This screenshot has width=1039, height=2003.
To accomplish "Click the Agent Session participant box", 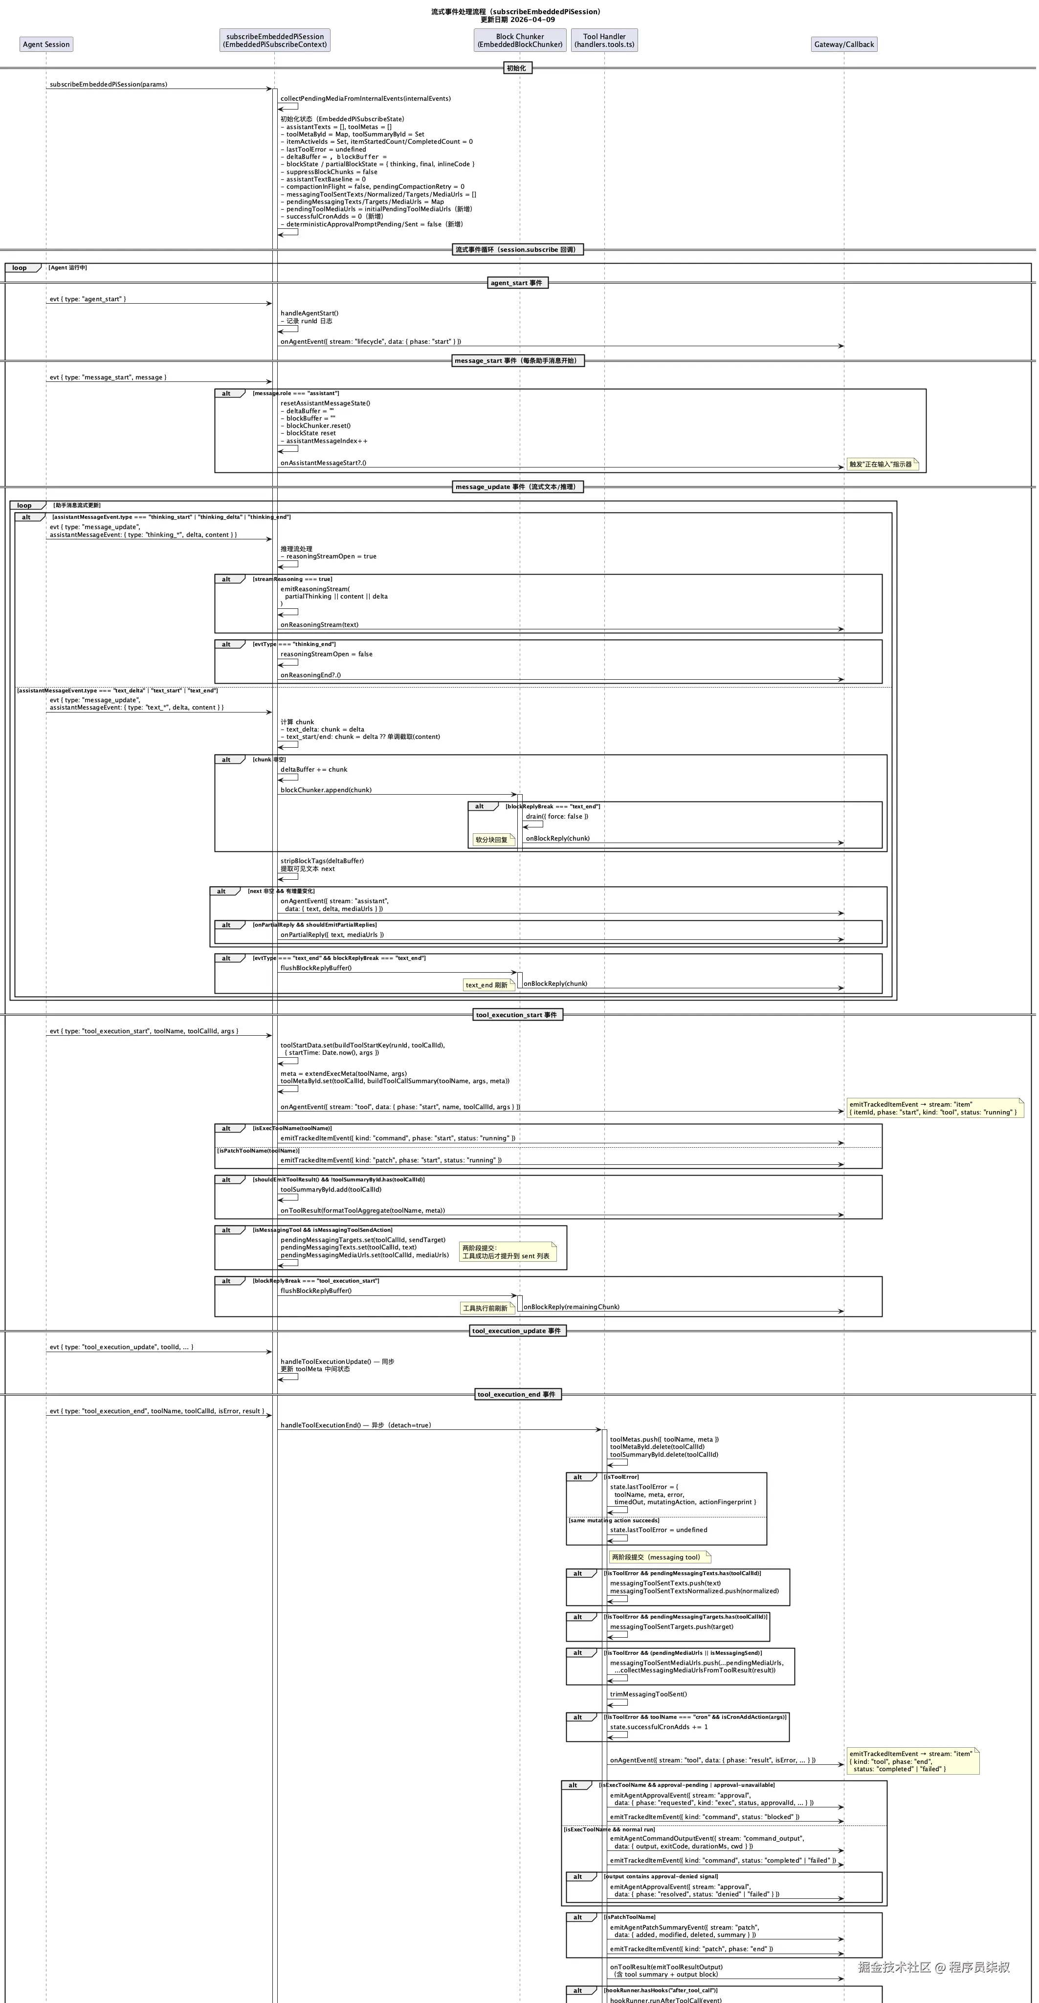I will tap(46, 45).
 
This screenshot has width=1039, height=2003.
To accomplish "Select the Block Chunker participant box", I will tap(519, 41).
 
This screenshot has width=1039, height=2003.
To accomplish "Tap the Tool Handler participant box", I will tap(604, 41).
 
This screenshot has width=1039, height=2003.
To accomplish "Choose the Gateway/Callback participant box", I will tap(844, 45).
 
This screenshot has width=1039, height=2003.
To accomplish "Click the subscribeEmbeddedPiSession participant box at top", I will tap(274, 41).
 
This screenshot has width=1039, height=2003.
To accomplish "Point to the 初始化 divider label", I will tap(516, 68).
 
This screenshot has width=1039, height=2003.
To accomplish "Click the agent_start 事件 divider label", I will tap(517, 283).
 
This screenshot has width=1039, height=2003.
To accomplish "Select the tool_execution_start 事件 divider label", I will tap(517, 1015).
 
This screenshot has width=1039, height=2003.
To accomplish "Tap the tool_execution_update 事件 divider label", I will tap(517, 1331).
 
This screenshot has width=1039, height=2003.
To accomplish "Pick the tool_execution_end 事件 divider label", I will tap(517, 1394).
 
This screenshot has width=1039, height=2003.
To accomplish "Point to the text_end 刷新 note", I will tap(487, 985).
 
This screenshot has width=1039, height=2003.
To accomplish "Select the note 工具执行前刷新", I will tap(486, 1308).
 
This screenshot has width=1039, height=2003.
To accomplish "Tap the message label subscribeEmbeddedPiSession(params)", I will tap(108, 84).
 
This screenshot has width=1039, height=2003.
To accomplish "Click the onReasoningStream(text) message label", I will tap(320, 624).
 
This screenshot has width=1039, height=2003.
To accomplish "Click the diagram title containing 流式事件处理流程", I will tap(516, 12).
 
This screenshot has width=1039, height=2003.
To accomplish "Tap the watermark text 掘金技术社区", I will tap(894, 1967).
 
